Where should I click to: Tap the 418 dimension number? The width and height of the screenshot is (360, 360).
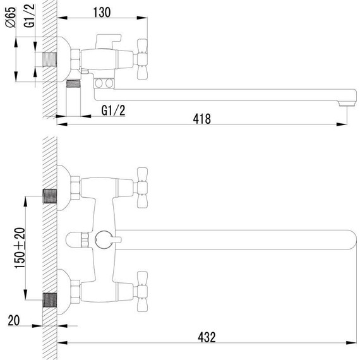point(201,117)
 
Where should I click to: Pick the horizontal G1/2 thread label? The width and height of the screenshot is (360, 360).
point(113,111)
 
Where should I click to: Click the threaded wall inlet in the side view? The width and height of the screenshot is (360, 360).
point(48,59)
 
